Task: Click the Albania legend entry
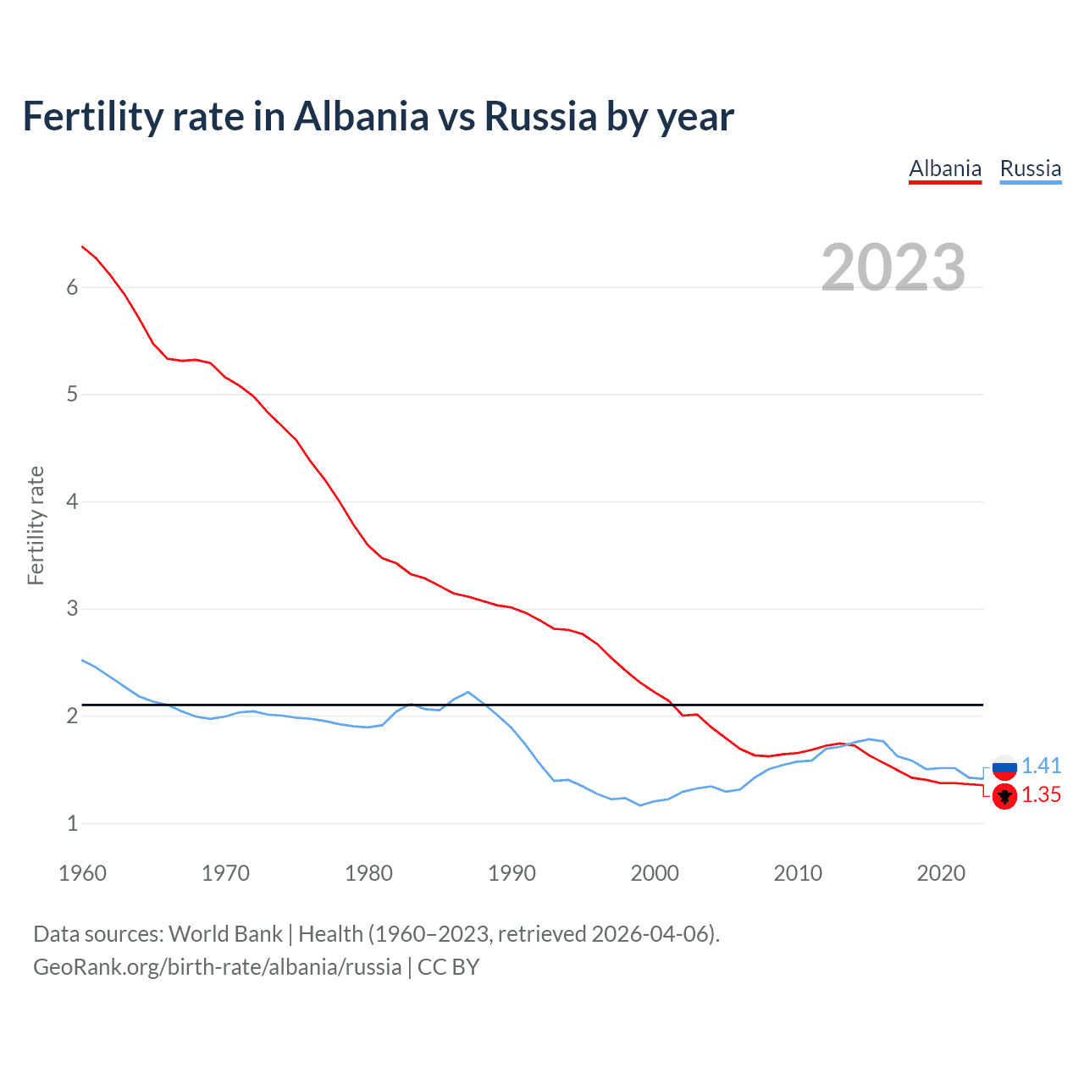[x=944, y=169]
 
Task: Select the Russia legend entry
[x=1030, y=169]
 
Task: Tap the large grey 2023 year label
[x=893, y=268]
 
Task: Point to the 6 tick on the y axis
[x=72, y=287]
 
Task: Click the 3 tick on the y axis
[x=72, y=608]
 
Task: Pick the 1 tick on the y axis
[x=72, y=822]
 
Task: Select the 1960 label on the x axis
[x=82, y=873]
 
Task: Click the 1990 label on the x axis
[x=512, y=873]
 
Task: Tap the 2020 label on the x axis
[x=941, y=873]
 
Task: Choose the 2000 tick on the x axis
[x=655, y=873]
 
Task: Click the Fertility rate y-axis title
[x=36, y=525]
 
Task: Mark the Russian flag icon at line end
[x=1004, y=766]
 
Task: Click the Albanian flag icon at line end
[x=1004, y=796]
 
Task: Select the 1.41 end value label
[x=1041, y=766]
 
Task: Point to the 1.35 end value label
[x=1041, y=794]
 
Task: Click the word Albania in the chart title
[x=362, y=116]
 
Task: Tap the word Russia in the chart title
[x=540, y=116]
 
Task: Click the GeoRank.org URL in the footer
[x=217, y=966]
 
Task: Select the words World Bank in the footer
[x=225, y=933]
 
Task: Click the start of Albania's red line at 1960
[x=82, y=246]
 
